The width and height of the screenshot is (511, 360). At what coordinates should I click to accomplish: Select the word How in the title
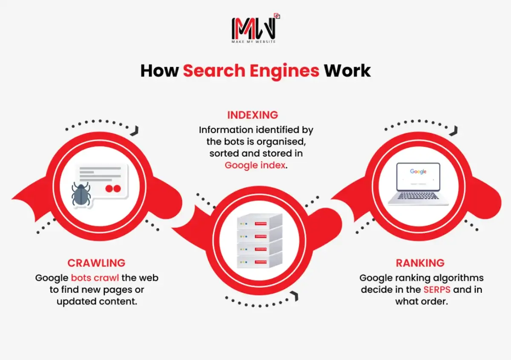pyautogui.click(x=159, y=71)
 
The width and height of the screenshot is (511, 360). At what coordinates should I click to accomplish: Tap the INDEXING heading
pyautogui.click(x=253, y=115)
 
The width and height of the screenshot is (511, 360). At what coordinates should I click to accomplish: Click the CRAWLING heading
pyautogui.click(x=96, y=263)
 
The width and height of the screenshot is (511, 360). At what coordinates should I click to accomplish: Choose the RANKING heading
pyautogui.click(x=420, y=263)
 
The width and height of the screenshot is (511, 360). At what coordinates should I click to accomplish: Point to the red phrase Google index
pyautogui.click(x=255, y=165)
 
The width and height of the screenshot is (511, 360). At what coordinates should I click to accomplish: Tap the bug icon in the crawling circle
pyautogui.click(x=81, y=195)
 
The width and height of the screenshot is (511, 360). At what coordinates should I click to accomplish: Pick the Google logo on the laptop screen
pyautogui.click(x=418, y=171)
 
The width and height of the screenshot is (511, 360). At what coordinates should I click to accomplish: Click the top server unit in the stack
pyautogui.click(x=259, y=222)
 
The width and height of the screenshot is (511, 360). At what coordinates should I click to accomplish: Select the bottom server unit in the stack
pyautogui.click(x=259, y=259)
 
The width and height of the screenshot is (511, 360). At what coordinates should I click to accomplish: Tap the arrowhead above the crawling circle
pyautogui.click(x=137, y=129)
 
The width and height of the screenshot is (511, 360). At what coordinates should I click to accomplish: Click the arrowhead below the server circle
pyautogui.click(x=295, y=297)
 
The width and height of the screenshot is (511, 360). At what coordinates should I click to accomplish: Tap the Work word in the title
pyautogui.click(x=347, y=71)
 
